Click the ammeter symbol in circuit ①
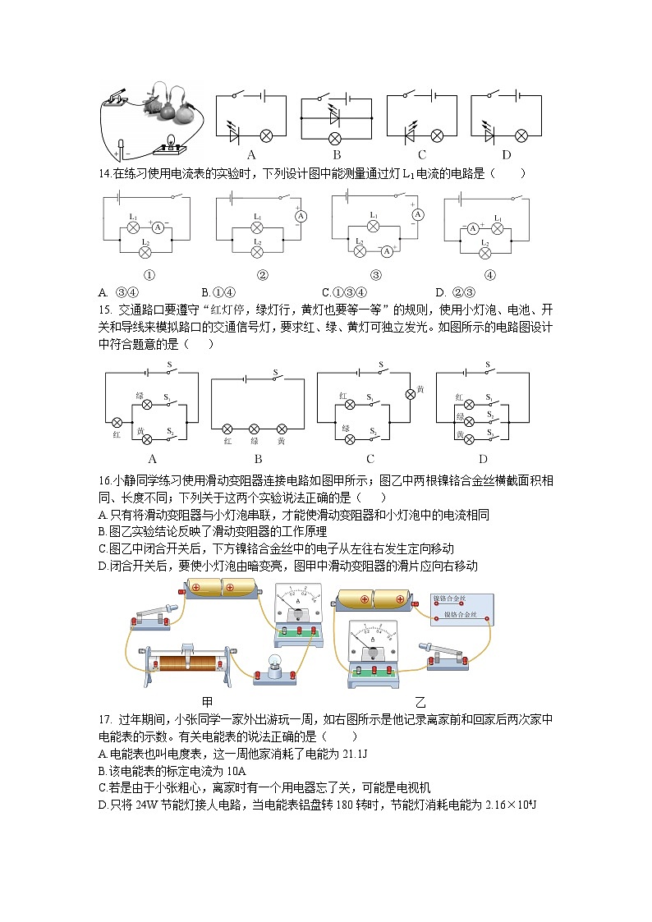[x=158, y=224]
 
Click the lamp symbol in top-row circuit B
[x=334, y=136]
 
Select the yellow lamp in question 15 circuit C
[x=411, y=394]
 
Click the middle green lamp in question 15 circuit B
[x=255, y=429]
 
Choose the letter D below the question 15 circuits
[x=483, y=459]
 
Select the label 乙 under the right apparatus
[x=420, y=702]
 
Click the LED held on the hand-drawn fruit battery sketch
[x=122, y=149]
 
